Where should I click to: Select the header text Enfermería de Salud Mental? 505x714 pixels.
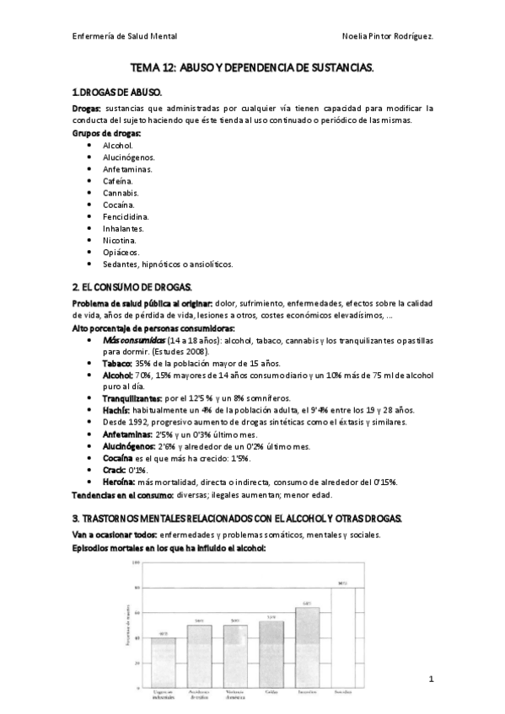(125, 36)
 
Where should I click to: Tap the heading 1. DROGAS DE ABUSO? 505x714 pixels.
(118, 91)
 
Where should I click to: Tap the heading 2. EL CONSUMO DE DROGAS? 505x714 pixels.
(133, 287)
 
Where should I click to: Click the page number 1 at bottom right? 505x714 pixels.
(430, 679)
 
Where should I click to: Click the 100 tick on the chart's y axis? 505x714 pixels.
(135, 563)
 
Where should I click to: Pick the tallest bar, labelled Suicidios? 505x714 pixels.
(342, 631)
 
